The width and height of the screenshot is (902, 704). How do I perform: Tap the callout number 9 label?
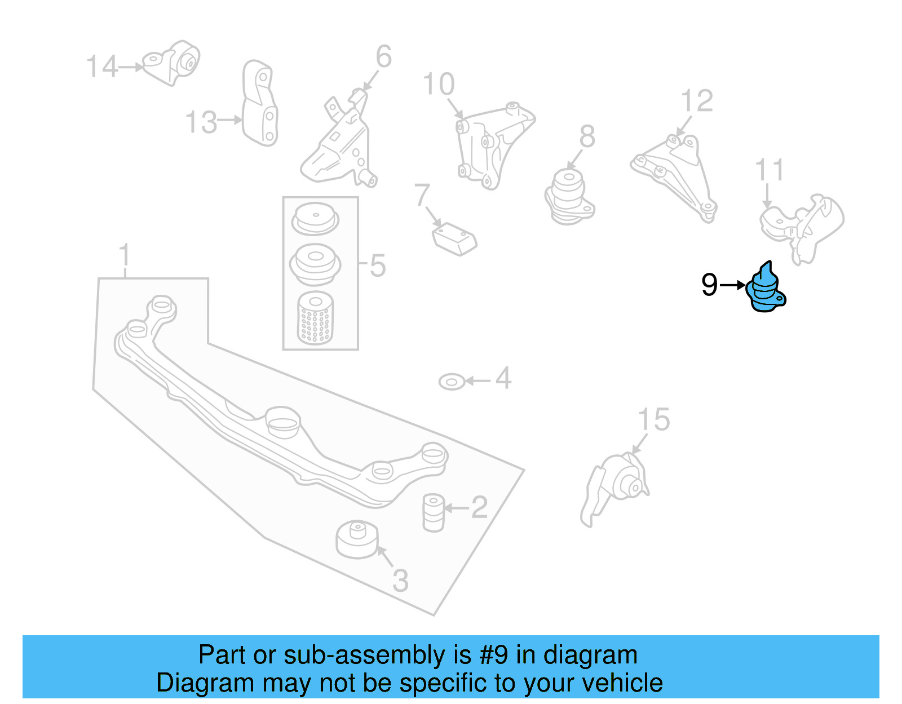(x=709, y=285)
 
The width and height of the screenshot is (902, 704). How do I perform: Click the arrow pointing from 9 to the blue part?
(x=733, y=285)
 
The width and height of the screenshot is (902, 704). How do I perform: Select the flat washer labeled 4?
(x=452, y=382)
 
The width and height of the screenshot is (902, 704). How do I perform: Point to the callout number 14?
(x=102, y=67)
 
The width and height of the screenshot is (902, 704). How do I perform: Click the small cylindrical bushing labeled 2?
(x=433, y=512)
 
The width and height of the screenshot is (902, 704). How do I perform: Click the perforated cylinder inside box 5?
(x=315, y=318)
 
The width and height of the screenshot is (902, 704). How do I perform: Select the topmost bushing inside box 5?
(x=315, y=219)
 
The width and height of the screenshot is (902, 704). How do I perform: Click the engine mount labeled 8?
(x=569, y=196)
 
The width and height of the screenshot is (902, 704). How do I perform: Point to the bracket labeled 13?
(x=260, y=104)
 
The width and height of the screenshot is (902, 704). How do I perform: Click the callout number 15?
(x=653, y=420)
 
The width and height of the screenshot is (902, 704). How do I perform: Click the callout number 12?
(x=697, y=101)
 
